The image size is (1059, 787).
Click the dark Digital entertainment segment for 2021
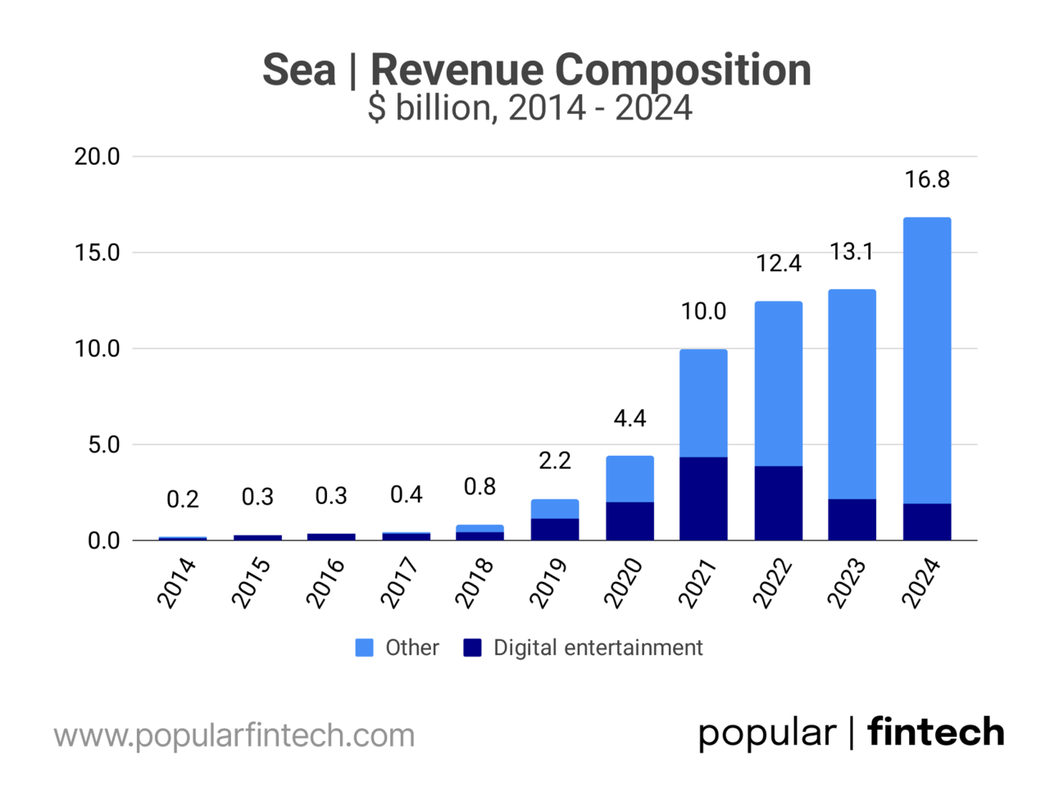pos(703,498)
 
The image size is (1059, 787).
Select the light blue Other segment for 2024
pos(927,361)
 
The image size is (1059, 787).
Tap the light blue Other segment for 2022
pos(778,384)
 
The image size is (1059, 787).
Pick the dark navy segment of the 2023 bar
pos(852,520)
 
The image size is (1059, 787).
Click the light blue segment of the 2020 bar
pos(629,479)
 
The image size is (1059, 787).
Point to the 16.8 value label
pos(927,180)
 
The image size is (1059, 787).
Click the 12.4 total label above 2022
pos(778,263)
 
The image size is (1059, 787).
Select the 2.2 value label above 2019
pos(555,461)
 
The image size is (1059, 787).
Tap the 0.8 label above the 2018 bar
pos(480,487)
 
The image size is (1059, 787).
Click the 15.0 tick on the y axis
pos(98,252)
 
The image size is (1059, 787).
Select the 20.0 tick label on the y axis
pos(98,157)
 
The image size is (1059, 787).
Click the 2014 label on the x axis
pos(178,583)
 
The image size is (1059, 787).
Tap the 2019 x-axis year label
pos(550,583)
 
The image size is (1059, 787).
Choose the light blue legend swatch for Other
pos(364,648)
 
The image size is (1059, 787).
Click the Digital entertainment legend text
pos(598,648)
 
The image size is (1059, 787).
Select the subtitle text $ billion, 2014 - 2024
pos(529,108)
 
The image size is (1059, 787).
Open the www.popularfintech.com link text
pos(234,735)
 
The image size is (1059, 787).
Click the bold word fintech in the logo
pos(936,732)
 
